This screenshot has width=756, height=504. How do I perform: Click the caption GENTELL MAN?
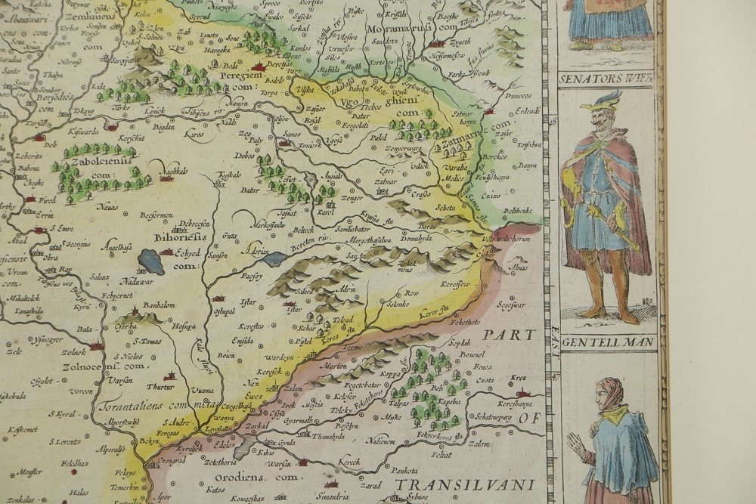607,342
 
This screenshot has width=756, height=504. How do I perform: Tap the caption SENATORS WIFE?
606,78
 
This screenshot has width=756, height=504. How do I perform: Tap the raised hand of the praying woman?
576,445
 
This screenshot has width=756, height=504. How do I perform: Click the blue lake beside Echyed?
150,262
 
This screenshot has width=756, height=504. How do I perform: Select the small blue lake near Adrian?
274,258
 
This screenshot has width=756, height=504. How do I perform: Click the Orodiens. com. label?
247,478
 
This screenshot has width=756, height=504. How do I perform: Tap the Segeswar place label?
511,306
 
